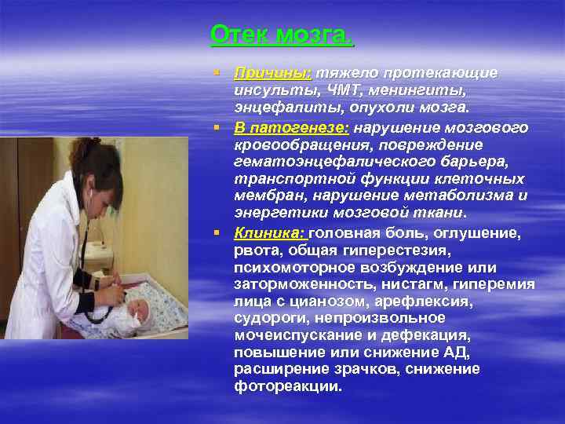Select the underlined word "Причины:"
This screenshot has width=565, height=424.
coord(272,73)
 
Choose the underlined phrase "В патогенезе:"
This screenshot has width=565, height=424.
coord(292,127)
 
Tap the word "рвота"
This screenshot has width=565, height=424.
coord(253,250)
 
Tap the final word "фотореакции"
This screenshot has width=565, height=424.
coord(287,386)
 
